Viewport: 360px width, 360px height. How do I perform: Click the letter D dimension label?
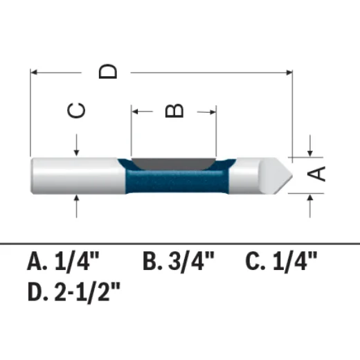109,71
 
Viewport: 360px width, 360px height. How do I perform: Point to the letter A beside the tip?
316,173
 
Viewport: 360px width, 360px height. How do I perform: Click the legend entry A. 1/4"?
64,261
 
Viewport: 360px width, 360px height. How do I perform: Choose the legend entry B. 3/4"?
179,261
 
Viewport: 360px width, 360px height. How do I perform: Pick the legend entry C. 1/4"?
282,261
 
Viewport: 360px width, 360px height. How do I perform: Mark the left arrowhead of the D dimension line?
35,71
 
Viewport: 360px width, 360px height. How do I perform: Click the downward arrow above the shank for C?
76,151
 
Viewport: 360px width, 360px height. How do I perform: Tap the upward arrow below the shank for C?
76,200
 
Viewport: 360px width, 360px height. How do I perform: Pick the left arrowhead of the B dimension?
136,109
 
